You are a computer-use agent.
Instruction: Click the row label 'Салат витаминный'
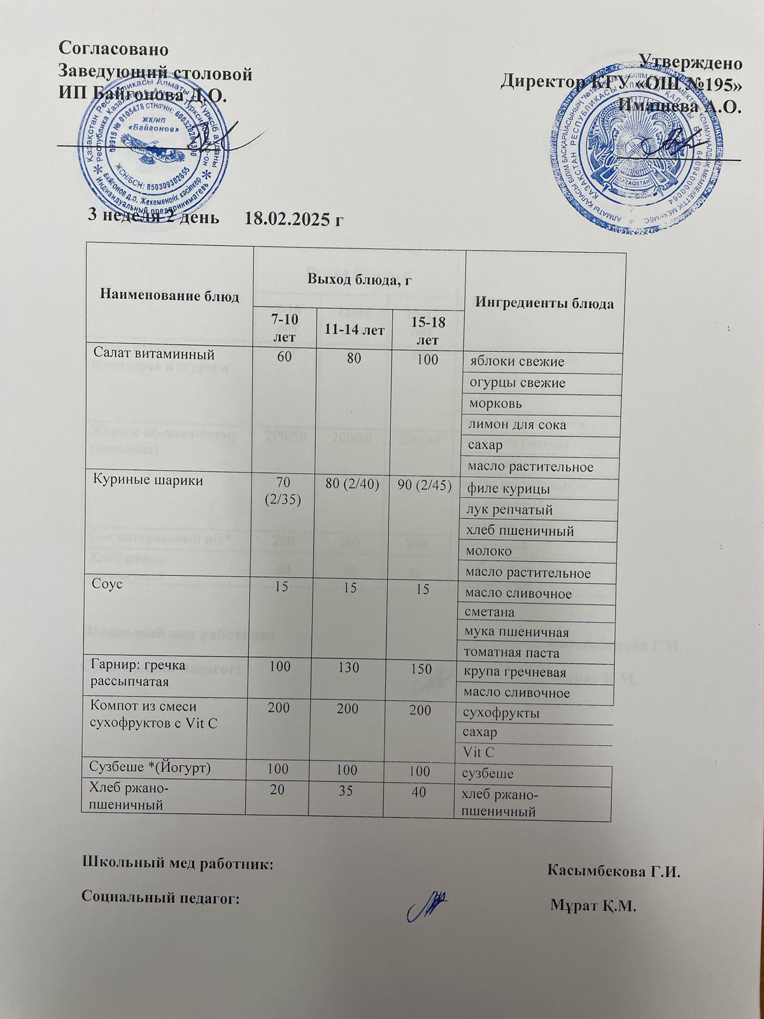[x=153, y=352]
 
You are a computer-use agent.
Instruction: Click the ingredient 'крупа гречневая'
[x=515, y=673]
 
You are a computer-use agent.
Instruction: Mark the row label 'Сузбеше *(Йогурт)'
[x=151, y=768]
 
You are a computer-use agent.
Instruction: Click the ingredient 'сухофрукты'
[x=501, y=713]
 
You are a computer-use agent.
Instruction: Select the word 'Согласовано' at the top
[x=115, y=48]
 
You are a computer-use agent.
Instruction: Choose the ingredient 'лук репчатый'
[x=510, y=510]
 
